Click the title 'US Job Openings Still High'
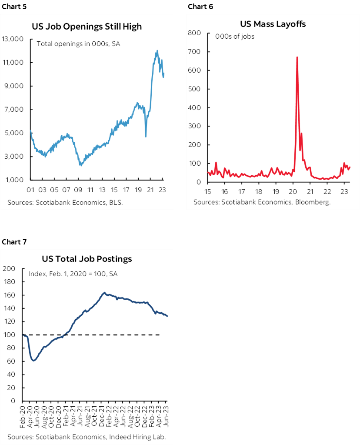(x=87, y=27)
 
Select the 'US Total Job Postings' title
(x=87, y=259)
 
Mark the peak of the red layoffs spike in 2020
(x=297, y=57)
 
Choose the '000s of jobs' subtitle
(x=235, y=37)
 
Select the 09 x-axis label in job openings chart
(x=78, y=190)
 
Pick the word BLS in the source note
(x=110, y=202)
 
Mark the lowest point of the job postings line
(x=34, y=361)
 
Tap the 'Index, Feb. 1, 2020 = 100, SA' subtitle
(x=73, y=274)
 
